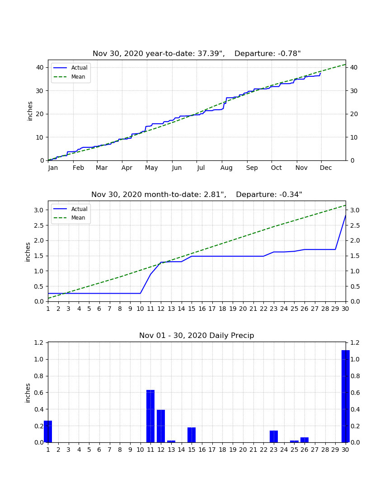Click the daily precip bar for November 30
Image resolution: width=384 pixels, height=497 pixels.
pos(345,396)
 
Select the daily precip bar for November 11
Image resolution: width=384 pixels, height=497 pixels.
pos(150,416)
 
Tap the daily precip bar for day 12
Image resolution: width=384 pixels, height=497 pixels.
pos(161,426)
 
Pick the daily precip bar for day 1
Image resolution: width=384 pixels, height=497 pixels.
pos(48,431)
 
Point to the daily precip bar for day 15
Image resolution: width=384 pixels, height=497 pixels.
pos(192,435)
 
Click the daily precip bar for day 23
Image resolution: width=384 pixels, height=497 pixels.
pos(274,436)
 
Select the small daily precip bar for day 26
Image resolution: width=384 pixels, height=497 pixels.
pos(304,440)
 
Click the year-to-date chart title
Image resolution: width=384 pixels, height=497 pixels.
pos(197,54)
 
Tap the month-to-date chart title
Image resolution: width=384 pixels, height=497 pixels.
pos(197,194)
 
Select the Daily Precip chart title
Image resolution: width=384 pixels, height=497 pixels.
pos(197,335)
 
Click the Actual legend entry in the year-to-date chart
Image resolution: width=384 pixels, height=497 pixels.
pos(70,67)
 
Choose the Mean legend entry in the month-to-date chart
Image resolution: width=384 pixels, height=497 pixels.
pos(70,218)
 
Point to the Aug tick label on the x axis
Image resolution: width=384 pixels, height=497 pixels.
pos(226,168)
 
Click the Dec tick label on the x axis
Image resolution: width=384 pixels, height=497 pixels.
pos(326,168)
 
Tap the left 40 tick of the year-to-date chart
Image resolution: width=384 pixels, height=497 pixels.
pos(40,67)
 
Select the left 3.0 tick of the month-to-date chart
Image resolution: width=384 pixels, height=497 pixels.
pos(39,210)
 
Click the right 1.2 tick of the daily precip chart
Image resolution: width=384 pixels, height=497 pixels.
pos(355,342)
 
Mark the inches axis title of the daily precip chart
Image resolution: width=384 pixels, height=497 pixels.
pos(28,393)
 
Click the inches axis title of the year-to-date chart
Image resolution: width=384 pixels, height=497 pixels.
pos(30,111)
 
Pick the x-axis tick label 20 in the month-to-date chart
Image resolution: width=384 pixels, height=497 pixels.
pos(243,309)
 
